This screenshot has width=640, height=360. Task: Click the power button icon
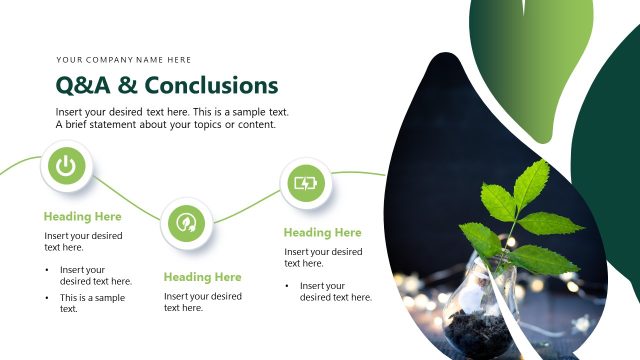(x=66, y=167)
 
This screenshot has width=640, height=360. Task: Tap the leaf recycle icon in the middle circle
(x=186, y=223)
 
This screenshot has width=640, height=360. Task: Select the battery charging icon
(x=305, y=183)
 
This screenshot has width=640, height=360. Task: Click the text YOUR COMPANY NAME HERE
(x=124, y=60)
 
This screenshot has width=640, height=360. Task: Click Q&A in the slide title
(x=80, y=85)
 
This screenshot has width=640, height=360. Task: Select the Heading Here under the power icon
(x=82, y=216)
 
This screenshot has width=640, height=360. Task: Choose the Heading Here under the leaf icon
(x=202, y=277)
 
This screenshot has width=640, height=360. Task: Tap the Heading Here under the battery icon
(x=322, y=232)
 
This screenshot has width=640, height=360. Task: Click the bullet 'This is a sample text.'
(x=92, y=303)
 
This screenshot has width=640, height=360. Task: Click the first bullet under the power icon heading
(x=95, y=275)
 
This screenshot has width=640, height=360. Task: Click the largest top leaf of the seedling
(x=529, y=184)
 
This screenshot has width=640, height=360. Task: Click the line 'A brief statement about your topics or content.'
(x=165, y=125)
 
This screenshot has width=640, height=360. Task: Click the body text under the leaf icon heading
(x=202, y=302)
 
